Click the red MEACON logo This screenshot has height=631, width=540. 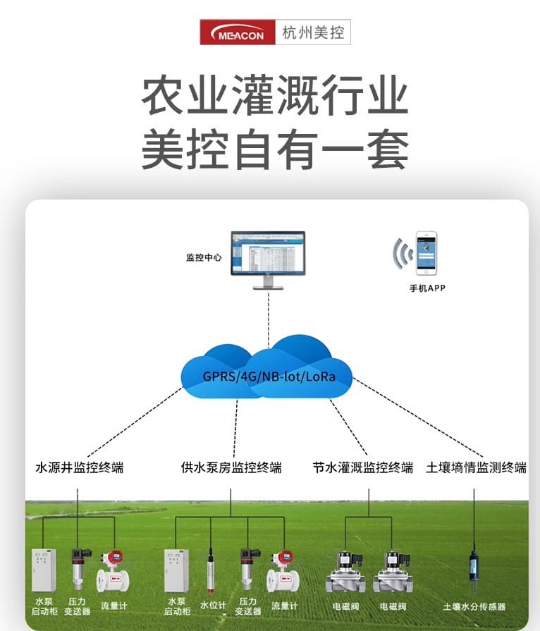pos(236,32)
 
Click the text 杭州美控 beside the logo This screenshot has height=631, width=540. pos(313,32)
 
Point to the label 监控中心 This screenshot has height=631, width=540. pos(204,258)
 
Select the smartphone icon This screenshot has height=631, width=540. pos(426,253)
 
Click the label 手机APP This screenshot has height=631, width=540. pos(427,288)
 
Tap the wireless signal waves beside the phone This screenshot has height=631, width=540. pos(403,254)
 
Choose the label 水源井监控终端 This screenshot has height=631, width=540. pos(79,467)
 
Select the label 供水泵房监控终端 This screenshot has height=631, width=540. pos(231,467)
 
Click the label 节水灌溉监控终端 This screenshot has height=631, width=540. pos(363,467)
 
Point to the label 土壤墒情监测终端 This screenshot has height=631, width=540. pos(477,467)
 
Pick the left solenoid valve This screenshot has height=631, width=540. pos(345,572)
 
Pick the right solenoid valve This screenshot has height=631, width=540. pos(393,572)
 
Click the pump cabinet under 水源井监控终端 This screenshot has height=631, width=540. pos(44,570)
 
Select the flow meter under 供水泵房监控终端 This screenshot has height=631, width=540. pos(283,571)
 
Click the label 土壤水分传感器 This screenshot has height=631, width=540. pos(474,606)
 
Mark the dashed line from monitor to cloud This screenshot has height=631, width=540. pos(268,317)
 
